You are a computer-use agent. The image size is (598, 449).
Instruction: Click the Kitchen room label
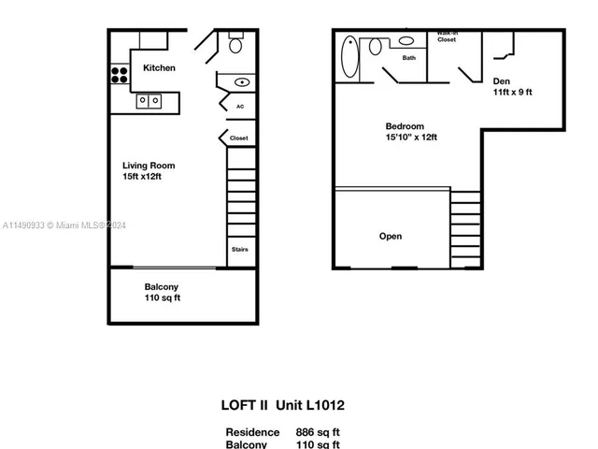point(159,68)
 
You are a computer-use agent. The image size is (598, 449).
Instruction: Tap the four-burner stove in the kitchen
point(120,74)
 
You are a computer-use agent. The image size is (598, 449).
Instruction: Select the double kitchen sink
point(149,100)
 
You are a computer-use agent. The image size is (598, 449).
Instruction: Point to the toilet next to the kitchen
point(235,44)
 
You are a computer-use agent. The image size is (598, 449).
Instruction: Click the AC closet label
point(239,107)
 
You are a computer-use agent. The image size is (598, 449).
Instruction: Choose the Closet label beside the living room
point(238,138)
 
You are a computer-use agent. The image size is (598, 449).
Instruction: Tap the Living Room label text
point(149,166)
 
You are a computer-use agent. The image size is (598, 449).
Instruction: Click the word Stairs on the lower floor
point(239,250)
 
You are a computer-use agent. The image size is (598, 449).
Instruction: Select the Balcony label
point(162,286)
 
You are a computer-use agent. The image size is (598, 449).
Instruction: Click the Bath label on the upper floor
point(409,58)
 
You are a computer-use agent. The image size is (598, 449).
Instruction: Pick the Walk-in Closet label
point(447,37)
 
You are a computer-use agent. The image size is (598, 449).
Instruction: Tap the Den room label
point(501,81)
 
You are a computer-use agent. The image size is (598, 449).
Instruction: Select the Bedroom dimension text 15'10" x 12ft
point(412,138)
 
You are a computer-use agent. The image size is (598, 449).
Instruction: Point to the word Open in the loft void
point(391,236)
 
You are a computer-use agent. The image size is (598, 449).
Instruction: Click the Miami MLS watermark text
point(56,225)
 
